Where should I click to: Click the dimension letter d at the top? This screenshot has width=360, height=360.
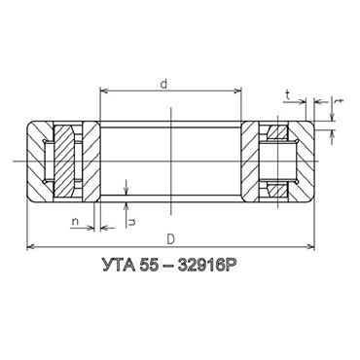point(163,84)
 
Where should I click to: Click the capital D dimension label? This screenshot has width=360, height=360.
point(171,239)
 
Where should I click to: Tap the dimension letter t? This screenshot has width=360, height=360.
point(287,94)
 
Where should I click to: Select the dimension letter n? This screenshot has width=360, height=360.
point(75,222)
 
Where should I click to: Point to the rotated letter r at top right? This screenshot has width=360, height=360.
point(339,101)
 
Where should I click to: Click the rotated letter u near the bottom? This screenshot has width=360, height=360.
point(132,222)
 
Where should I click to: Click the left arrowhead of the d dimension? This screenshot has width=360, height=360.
point(104,90)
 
